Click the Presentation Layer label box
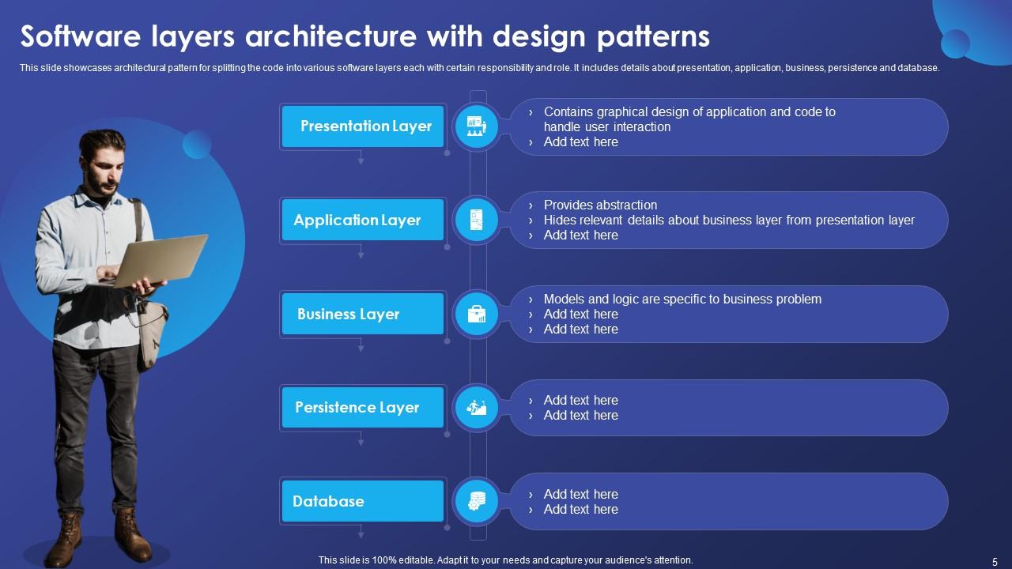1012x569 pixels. click(x=363, y=126)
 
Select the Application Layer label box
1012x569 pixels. click(x=363, y=220)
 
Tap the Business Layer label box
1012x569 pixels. click(x=363, y=314)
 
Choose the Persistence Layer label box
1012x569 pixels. click(x=363, y=408)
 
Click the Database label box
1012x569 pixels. click(x=363, y=501)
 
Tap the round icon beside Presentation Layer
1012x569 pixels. click(x=477, y=126)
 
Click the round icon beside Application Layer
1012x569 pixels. click(x=477, y=220)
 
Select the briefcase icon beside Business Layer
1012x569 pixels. click(x=477, y=314)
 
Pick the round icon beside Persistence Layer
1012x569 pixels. click(x=477, y=408)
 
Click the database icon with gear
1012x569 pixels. click(x=477, y=501)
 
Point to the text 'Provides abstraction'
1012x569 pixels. click(x=600, y=205)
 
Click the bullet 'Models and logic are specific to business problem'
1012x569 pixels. click(x=682, y=299)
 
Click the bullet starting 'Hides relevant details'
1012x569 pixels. click(x=728, y=220)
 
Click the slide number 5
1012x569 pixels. click(x=995, y=561)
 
